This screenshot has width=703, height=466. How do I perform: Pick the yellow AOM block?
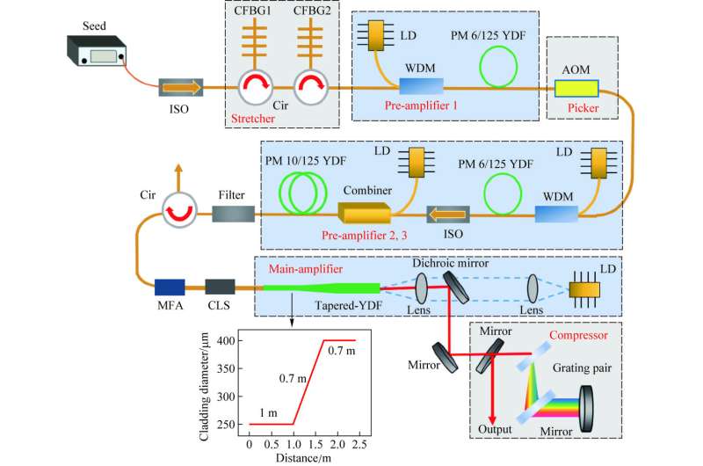coord(576,89)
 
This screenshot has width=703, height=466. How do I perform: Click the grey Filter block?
coord(234,213)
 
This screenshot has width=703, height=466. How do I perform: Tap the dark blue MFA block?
coord(170,287)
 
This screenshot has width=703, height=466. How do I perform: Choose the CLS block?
coord(220,287)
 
